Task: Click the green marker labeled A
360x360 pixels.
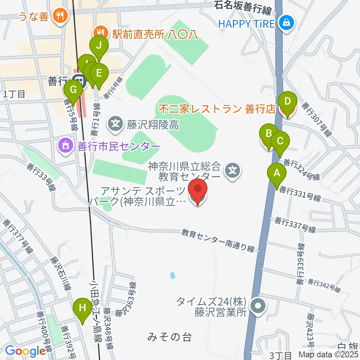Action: coord(277,174)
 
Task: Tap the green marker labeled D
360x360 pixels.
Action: coord(287,101)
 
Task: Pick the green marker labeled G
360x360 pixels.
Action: coord(73,90)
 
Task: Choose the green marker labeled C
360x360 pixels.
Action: coord(280,141)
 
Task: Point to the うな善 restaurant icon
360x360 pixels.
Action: coord(60,16)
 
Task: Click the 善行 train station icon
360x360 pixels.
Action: coord(79,80)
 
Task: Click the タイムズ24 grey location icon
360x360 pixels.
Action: coord(258,306)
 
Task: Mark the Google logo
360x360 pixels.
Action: coord(25,351)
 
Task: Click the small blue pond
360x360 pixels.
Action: coord(172,276)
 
